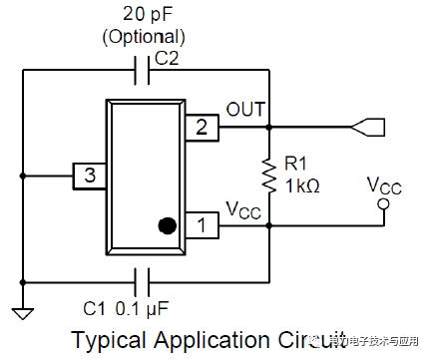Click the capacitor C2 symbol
(x=142, y=71)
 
